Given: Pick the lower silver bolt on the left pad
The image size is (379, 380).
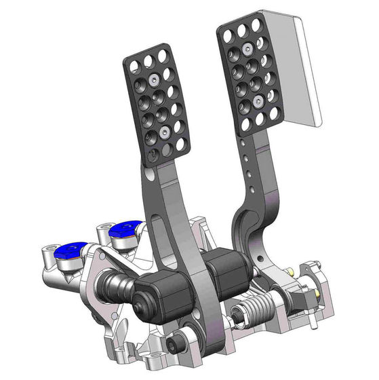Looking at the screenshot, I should [165, 130].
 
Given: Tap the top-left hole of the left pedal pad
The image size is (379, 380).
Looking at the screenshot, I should [133, 63].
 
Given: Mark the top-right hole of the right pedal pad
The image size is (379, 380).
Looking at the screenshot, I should [256, 24].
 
